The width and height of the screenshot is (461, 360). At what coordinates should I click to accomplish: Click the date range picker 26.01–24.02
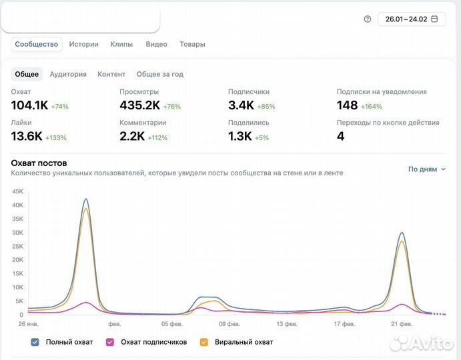pos(412,19)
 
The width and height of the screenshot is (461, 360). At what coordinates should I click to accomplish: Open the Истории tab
pos(83,44)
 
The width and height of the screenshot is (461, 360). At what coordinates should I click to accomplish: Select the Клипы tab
pos(121,44)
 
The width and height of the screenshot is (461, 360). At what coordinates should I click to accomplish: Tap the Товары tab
pos(192,44)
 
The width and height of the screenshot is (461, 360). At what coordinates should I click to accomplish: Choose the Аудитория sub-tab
pos(68,74)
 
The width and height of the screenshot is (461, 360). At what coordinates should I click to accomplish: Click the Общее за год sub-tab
pos(159,74)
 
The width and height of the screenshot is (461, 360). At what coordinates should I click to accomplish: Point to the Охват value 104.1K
pos(29,105)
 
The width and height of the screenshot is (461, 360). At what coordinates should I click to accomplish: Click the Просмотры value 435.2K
pos(139,105)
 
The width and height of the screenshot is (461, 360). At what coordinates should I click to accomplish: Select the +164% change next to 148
pos(372,106)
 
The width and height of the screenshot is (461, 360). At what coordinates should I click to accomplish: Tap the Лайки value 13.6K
pos(27,136)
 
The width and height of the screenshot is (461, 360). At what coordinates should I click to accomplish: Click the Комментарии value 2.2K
pos(132,136)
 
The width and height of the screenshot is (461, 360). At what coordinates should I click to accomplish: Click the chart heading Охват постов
pos(39,163)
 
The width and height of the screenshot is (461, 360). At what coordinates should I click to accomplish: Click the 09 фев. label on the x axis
pos(229,324)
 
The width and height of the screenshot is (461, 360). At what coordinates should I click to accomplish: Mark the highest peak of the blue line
pos(85,199)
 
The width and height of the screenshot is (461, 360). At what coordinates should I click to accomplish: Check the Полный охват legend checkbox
pos(35,342)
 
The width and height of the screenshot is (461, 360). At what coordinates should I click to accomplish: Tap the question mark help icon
pos(367,19)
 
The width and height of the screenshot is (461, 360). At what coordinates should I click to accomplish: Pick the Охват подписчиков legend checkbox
pos(110,342)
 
